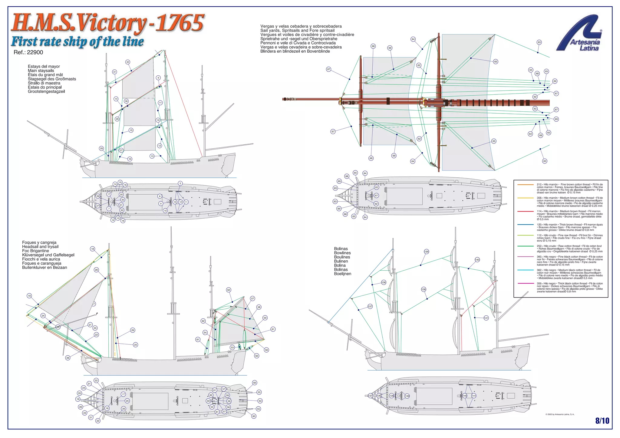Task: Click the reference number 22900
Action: click(35, 52)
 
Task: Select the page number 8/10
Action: click(602, 420)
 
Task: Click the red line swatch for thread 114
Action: click(525, 211)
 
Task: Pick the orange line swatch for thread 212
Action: click(525, 184)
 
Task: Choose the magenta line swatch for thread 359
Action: click(525, 284)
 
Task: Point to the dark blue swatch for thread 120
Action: click(525, 225)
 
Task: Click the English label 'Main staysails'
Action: click(41, 71)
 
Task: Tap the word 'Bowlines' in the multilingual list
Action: click(342, 253)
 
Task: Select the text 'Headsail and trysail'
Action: click(40, 247)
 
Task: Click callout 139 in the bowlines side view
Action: click(426, 252)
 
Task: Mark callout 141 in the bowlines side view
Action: click(486, 318)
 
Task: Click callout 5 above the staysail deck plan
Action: click(180, 183)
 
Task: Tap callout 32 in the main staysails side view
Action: click(128, 62)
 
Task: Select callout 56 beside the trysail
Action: click(266, 350)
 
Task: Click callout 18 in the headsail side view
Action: click(92, 249)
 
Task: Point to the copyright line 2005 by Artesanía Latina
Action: click(560, 414)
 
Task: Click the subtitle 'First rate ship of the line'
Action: click(77, 41)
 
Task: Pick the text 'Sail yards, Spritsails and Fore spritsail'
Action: click(297, 31)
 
